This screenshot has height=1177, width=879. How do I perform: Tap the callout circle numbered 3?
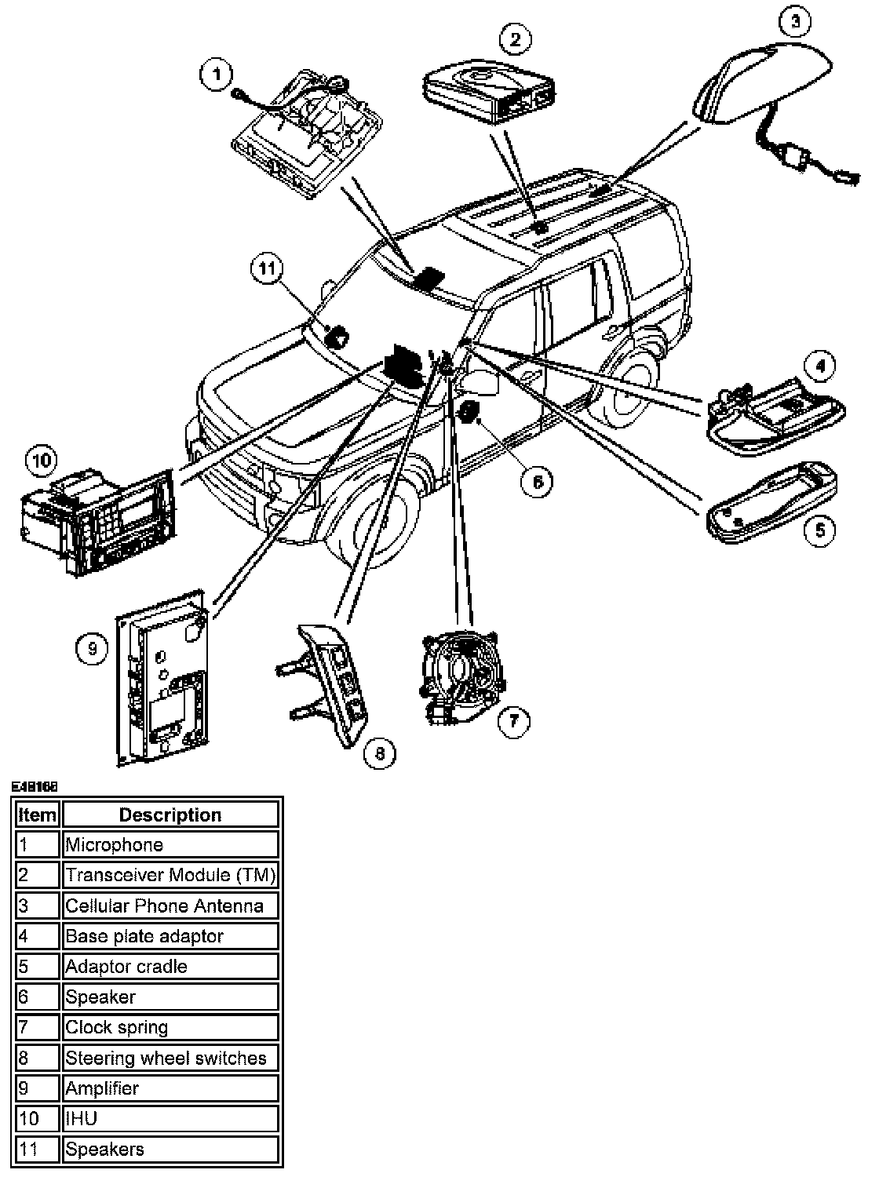tap(794, 22)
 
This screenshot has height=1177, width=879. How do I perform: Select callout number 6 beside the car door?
tap(538, 481)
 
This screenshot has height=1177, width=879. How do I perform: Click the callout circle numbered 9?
tap(92, 649)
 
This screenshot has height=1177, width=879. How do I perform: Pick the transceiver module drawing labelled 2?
tap(488, 91)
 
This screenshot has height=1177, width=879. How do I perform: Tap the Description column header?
tap(170, 815)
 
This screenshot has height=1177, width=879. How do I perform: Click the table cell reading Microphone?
tap(170, 845)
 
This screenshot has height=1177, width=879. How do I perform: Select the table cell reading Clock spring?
tap(170, 1028)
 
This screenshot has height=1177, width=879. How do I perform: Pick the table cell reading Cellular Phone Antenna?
tap(170, 906)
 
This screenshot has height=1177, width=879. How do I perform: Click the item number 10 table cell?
tap(37, 1119)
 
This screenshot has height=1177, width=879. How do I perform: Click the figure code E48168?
tap(35, 785)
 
